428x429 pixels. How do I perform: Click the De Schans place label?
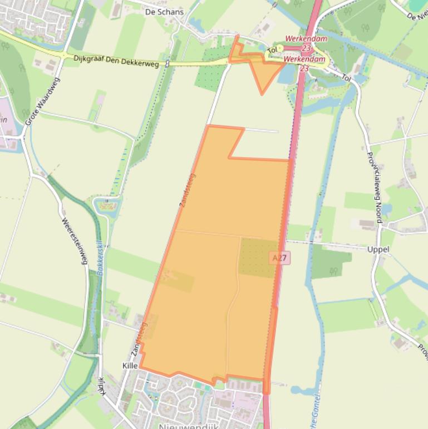click(164, 12)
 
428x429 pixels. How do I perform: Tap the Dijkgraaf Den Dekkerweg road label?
click(116, 61)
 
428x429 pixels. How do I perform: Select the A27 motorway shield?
click(280, 258)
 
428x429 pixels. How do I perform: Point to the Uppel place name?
click(378, 249)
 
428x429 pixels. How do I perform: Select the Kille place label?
click(129, 366)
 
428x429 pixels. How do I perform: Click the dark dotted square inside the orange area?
click(258, 257)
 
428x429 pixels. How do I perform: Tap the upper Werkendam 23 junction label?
click(306, 43)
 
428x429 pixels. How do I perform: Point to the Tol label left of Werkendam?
click(272, 50)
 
